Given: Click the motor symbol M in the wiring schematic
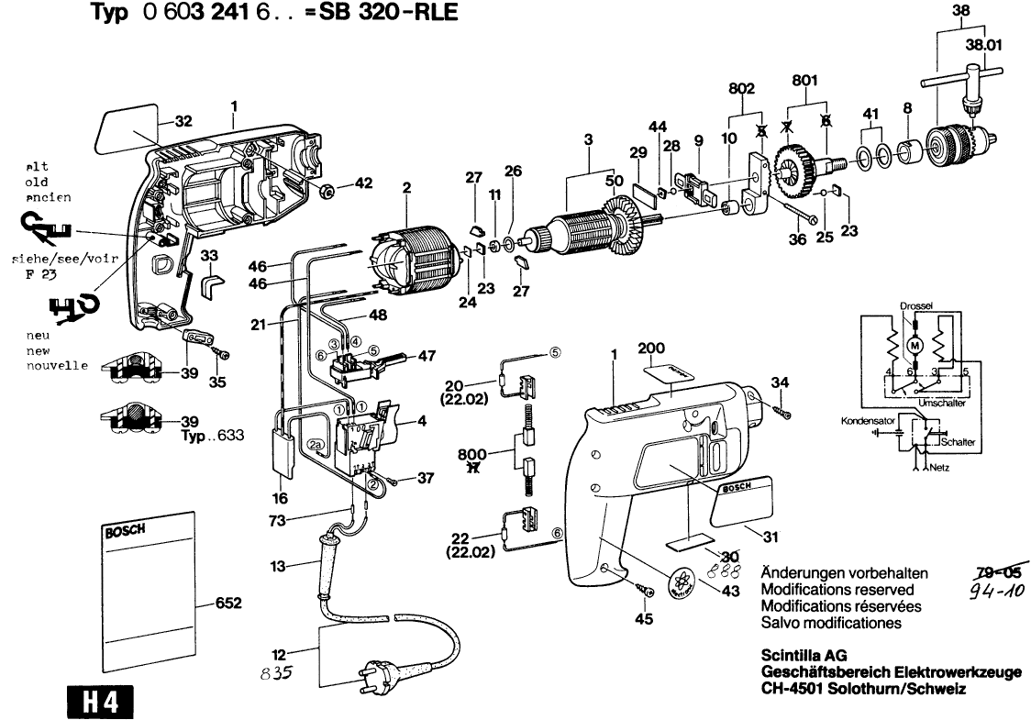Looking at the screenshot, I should point(914,344).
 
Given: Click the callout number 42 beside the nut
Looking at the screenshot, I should point(364,183).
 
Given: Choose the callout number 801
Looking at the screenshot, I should point(804,81).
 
